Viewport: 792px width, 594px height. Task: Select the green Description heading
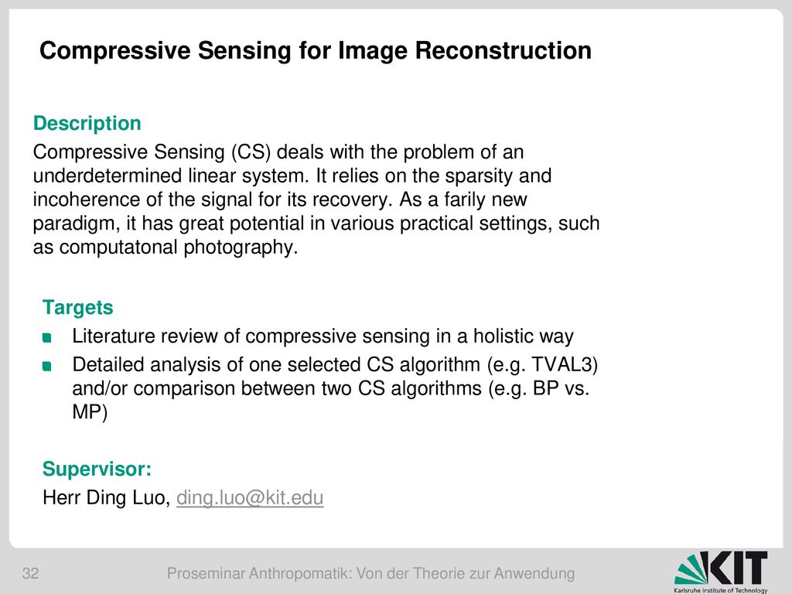[87, 123]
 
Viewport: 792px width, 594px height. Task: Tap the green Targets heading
[78, 308]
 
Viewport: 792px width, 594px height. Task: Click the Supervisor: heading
[97, 469]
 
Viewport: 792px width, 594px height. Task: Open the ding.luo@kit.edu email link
[250, 497]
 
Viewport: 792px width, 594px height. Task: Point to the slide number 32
[30, 573]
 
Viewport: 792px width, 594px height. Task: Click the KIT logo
[721, 572]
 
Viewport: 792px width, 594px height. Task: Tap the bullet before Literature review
[47, 337]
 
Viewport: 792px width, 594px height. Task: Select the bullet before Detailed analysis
[47, 366]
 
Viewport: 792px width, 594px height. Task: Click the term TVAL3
[562, 365]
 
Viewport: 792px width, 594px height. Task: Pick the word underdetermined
[108, 176]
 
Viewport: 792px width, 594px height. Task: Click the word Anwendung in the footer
[534, 574]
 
